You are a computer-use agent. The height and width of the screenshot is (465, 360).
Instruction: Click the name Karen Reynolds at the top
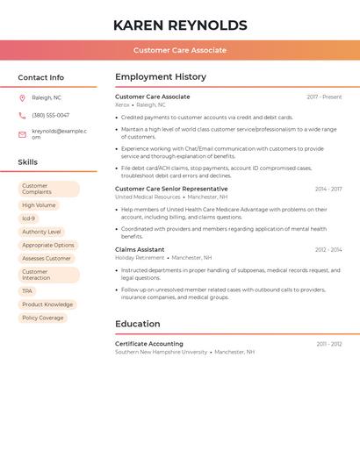pos(180,25)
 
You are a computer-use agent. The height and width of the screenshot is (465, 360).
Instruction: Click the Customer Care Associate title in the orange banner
pos(180,50)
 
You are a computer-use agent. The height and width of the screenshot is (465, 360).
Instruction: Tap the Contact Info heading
pos(40,77)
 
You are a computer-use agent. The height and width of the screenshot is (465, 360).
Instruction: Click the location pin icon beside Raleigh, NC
pos(22,98)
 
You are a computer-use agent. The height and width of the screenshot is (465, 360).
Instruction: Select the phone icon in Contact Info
pos(22,115)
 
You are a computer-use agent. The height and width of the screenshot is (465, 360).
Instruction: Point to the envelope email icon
pos(22,133)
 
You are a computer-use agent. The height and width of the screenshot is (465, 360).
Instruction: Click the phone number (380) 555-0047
pos(51,115)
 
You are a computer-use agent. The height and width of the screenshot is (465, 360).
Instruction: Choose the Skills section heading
pos(28,162)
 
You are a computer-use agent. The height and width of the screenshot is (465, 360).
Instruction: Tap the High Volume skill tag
pos(39,205)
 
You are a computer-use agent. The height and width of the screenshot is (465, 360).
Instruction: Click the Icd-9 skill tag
pos(29,218)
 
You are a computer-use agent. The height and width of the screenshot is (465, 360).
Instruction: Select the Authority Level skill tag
pos(41,232)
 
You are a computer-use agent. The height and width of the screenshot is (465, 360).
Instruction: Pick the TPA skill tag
pos(27,291)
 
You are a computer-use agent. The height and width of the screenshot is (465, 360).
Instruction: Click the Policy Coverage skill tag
pos(43,318)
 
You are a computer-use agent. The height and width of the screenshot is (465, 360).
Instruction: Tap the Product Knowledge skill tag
pos(47,304)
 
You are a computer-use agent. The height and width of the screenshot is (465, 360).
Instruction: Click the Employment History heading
pos(161,77)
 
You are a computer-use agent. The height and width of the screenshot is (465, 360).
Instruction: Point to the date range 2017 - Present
pos(324,97)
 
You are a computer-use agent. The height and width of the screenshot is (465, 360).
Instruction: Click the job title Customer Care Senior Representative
pos(171,189)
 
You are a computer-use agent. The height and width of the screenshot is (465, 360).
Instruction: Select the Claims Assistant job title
pos(140,249)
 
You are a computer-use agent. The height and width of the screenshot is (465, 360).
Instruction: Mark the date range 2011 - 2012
pos(329,344)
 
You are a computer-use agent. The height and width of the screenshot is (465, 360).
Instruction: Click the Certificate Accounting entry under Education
pos(149,344)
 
